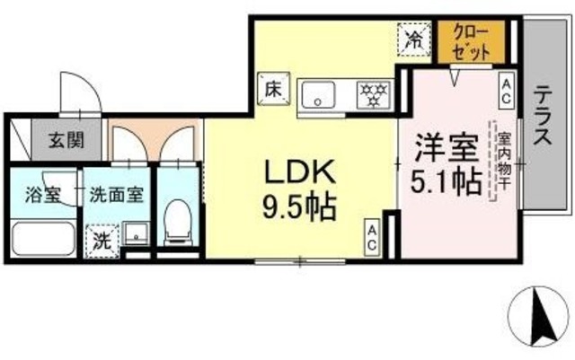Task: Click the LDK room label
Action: (299, 171)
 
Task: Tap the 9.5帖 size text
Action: (299, 209)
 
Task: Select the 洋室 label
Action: (439, 146)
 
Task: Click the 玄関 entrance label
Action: (66, 140)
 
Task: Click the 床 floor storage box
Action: (271, 88)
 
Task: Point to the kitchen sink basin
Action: (318, 92)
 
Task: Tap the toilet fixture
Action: (178, 219)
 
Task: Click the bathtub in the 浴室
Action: (43, 239)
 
